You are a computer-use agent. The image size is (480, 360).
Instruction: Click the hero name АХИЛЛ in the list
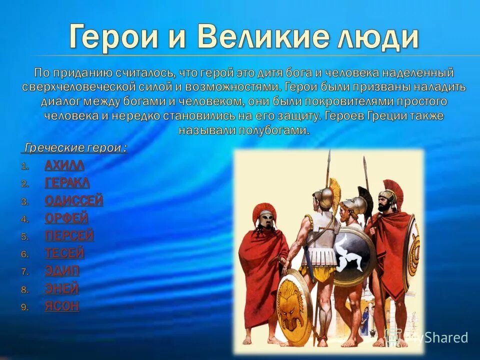click(64, 165)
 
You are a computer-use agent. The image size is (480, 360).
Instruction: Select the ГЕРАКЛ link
click(67, 183)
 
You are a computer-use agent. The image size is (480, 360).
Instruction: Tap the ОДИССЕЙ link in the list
click(74, 201)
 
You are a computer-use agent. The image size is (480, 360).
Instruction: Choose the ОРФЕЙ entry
click(66, 218)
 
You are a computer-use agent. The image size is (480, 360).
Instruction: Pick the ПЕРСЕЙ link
click(69, 235)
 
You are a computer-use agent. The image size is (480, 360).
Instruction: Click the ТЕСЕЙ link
click(64, 253)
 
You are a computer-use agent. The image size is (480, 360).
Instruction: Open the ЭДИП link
click(62, 271)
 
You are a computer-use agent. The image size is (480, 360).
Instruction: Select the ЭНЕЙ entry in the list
click(61, 288)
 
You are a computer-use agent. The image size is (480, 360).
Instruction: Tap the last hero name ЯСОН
click(62, 306)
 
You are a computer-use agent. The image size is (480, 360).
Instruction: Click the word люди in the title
click(377, 36)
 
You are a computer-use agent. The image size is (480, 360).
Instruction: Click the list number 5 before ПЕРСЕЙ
click(25, 236)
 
